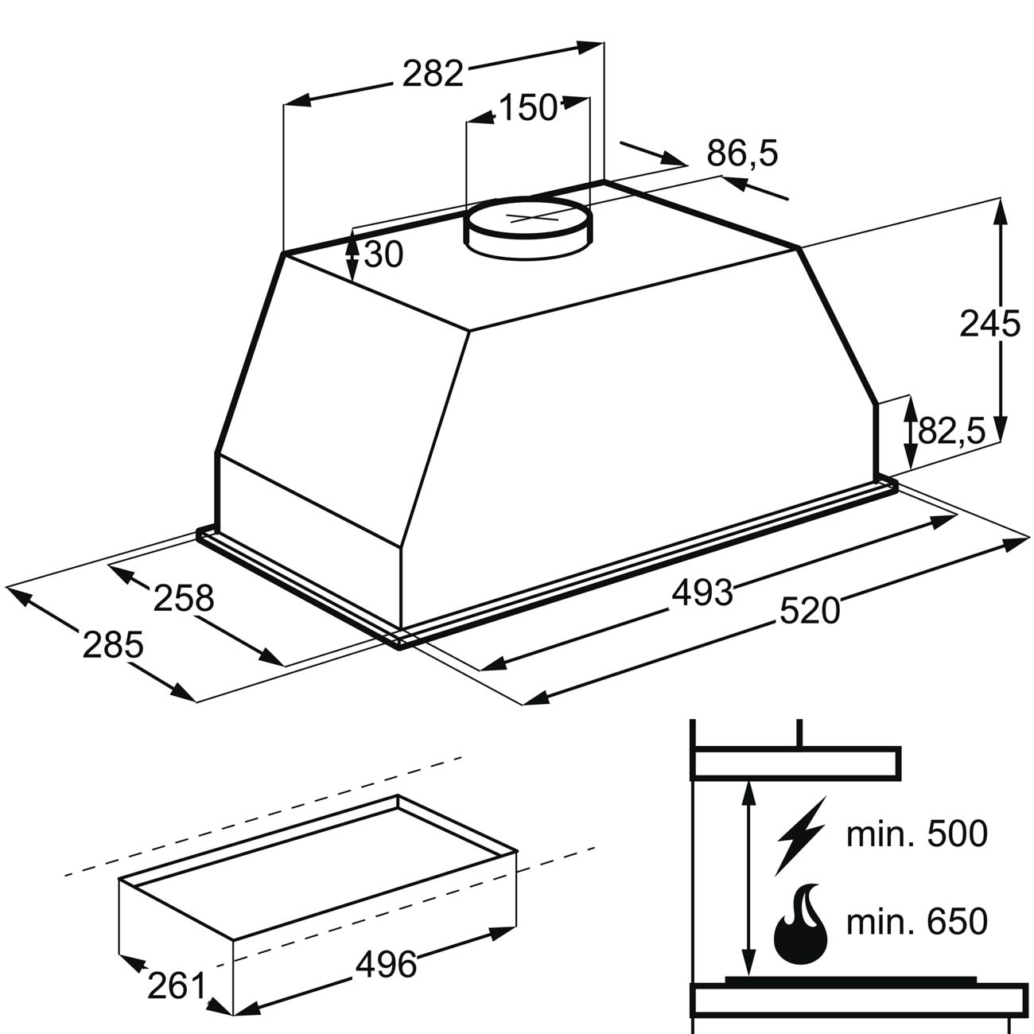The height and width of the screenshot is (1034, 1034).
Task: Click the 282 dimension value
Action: pos(433,73)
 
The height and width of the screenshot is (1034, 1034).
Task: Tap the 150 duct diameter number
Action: pos(528,107)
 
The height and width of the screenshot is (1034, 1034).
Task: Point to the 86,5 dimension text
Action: pos(741,154)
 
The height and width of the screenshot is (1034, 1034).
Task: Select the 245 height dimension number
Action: pos(989,324)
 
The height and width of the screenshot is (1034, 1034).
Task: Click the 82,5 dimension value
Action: pos(951,431)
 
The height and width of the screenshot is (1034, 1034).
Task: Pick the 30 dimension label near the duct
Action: pos(383,255)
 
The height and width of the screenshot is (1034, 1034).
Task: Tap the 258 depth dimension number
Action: pos(184,598)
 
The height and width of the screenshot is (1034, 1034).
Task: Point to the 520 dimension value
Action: pos(810,611)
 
